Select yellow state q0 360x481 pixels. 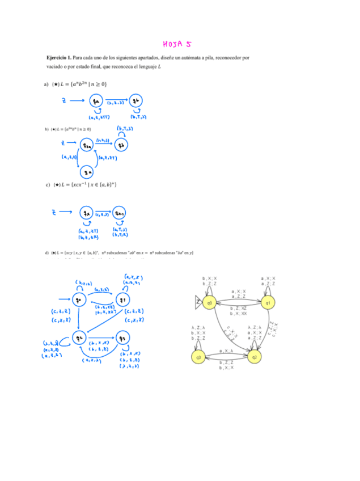209,303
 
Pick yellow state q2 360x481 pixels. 255,357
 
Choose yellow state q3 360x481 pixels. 199,357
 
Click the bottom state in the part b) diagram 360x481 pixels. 87,170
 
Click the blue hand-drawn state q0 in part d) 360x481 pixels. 79,300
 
